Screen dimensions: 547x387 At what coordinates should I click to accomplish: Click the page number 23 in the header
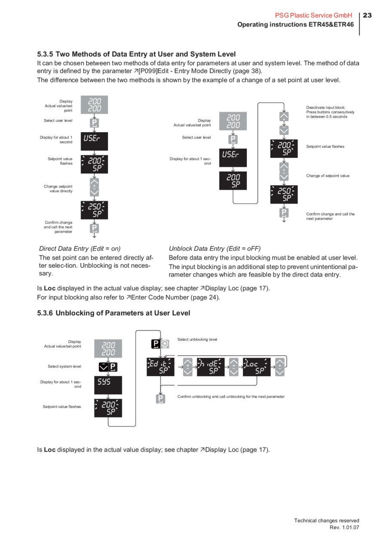pos(367,15)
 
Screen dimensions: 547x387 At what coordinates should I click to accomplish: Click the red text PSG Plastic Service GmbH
pos(313,15)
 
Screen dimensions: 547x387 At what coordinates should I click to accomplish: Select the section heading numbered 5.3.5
pos(136,54)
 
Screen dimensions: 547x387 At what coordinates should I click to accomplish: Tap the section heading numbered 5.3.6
pos(114,313)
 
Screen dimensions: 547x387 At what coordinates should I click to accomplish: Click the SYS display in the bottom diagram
pos(108,385)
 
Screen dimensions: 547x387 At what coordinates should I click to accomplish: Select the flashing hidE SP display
pos(211,366)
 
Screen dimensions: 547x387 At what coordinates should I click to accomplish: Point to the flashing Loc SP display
pos(257,366)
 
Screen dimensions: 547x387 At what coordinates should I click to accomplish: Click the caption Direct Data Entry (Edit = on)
pos(80,248)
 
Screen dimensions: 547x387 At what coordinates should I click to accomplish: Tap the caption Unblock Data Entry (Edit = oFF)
pos(215,248)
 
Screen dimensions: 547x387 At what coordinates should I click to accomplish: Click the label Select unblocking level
pos(197,339)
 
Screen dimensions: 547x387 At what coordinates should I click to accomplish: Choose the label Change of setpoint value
pos(328,176)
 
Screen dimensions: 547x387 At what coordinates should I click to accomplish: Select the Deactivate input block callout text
pos(330,112)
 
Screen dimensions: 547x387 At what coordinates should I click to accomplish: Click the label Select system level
pos(64,366)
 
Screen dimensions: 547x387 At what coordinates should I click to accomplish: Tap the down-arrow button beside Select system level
pos(103,367)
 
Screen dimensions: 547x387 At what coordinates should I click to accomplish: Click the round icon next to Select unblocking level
pos(165,344)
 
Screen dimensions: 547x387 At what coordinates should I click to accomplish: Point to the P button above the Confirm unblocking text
pos(160,399)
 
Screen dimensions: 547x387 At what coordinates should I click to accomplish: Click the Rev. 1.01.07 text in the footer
pos(344,527)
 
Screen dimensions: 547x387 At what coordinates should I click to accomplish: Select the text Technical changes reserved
pos(326,520)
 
